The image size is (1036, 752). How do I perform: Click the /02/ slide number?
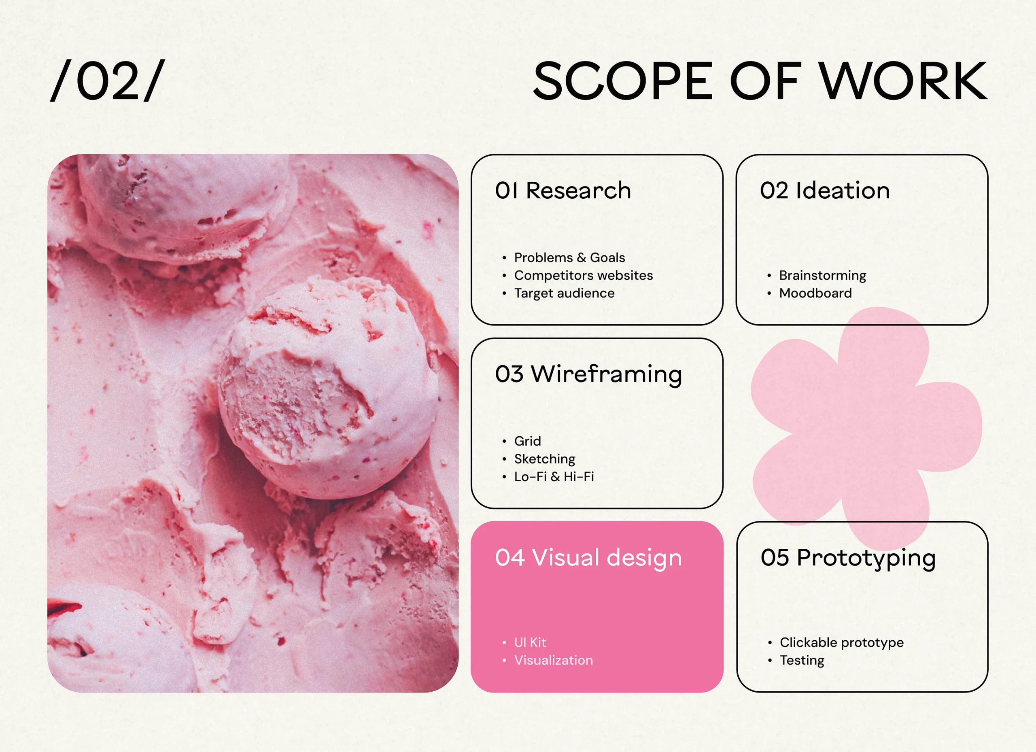point(107,81)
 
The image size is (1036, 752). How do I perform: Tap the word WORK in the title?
point(903,81)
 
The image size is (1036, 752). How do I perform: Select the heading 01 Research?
point(563,190)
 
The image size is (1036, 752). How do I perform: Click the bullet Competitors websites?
point(583,276)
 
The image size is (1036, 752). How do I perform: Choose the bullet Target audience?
point(564,293)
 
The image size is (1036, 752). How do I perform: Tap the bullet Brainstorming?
point(822,276)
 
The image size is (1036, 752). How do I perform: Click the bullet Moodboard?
point(815,293)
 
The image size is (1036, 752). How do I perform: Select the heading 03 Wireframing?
point(588,375)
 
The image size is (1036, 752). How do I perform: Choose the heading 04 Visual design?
point(588,558)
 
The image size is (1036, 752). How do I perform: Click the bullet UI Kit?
point(530,643)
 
